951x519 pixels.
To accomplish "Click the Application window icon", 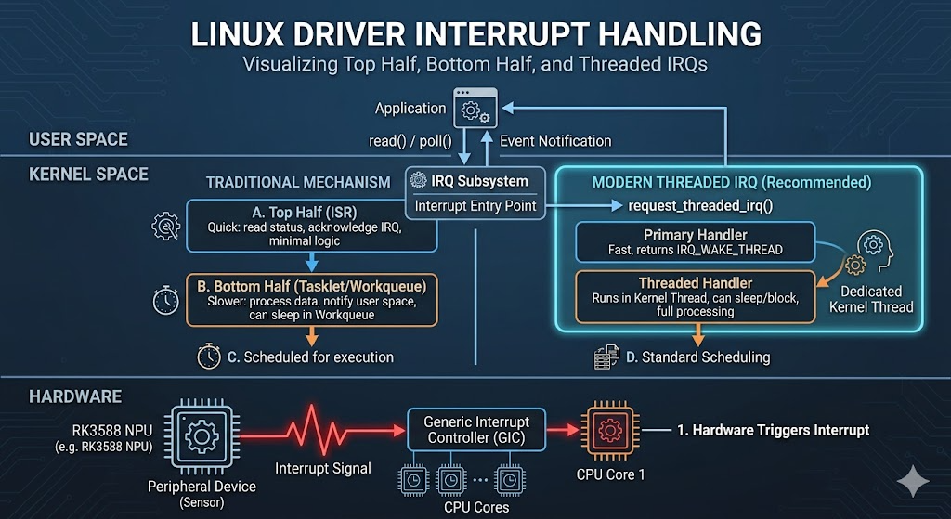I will pyautogui.click(x=472, y=110).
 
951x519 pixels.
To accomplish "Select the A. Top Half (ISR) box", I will pyautogui.click(x=311, y=225).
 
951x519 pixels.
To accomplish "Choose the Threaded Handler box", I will pyautogui.click(x=695, y=297).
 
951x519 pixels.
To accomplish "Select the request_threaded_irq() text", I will pyautogui.click(x=701, y=205).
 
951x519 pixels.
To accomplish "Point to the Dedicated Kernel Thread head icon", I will pyautogui.click(x=879, y=255).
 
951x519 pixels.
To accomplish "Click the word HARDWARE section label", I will pyautogui.click(x=75, y=396).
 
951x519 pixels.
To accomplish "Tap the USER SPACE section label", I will pyautogui.click(x=78, y=140).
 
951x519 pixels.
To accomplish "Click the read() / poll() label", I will pyautogui.click(x=410, y=141).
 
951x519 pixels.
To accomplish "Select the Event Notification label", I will pyautogui.click(x=555, y=141).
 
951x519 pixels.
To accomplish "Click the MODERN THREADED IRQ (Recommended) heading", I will pyautogui.click(x=732, y=182).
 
